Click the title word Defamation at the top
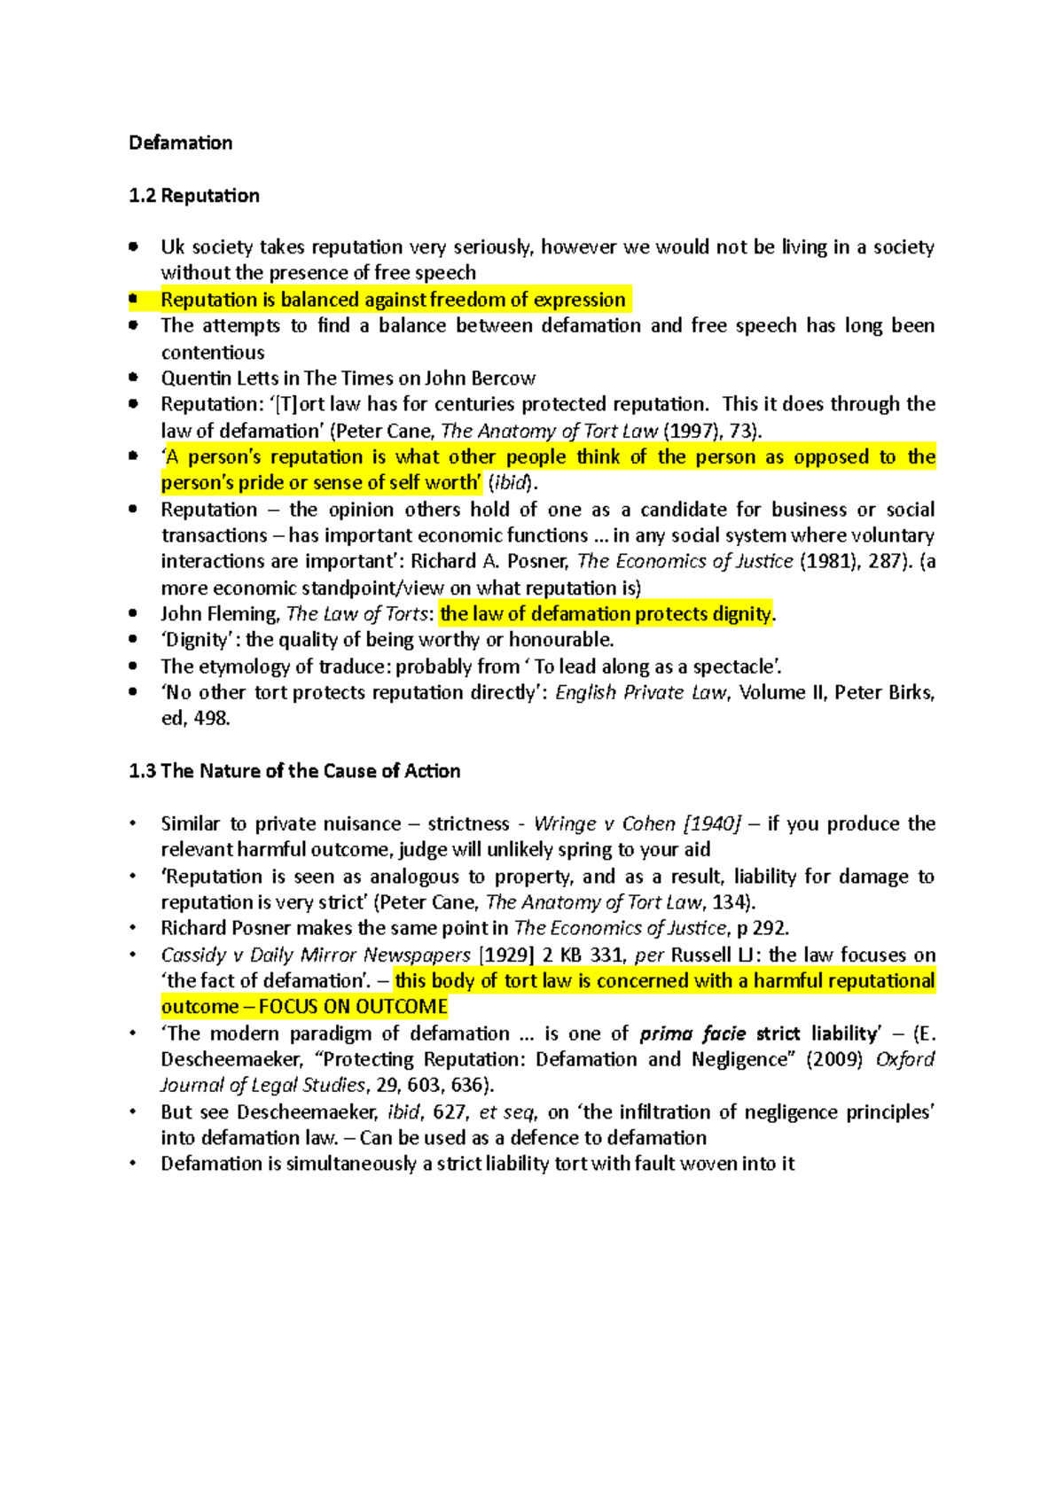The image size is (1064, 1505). tap(180, 143)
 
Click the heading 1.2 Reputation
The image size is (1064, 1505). tap(194, 195)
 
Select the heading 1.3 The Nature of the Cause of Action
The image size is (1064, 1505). tap(294, 771)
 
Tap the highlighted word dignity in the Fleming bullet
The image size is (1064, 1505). tap(743, 614)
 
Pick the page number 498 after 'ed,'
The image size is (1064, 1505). tap(211, 719)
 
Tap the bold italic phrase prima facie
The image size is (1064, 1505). tap(692, 1033)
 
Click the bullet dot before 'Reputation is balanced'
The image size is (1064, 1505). tap(133, 300)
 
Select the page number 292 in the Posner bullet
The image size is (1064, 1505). tap(770, 929)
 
